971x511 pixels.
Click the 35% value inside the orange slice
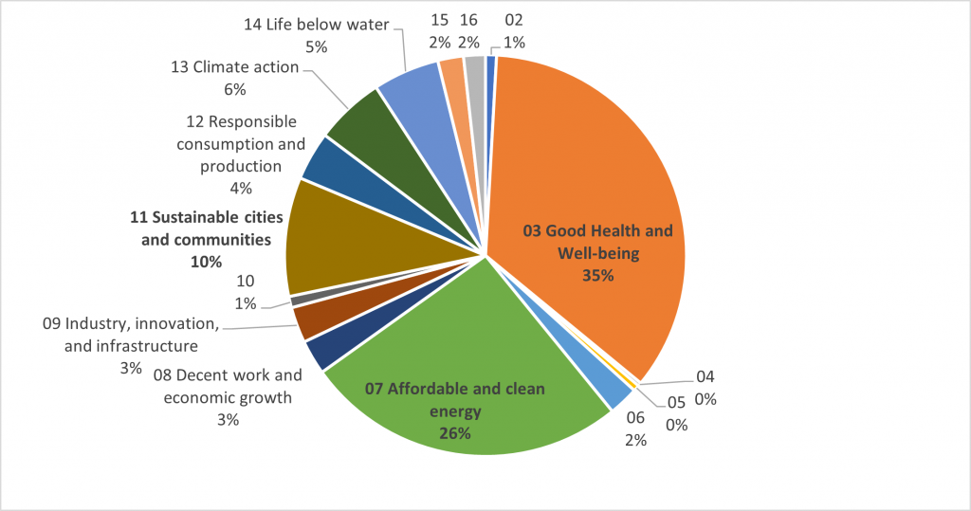click(x=598, y=276)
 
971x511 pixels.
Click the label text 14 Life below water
click(x=316, y=25)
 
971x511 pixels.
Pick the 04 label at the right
click(x=705, y=375)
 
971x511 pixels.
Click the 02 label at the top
click(x=514, y=20)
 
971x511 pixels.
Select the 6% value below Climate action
click(x=234, y=89)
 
